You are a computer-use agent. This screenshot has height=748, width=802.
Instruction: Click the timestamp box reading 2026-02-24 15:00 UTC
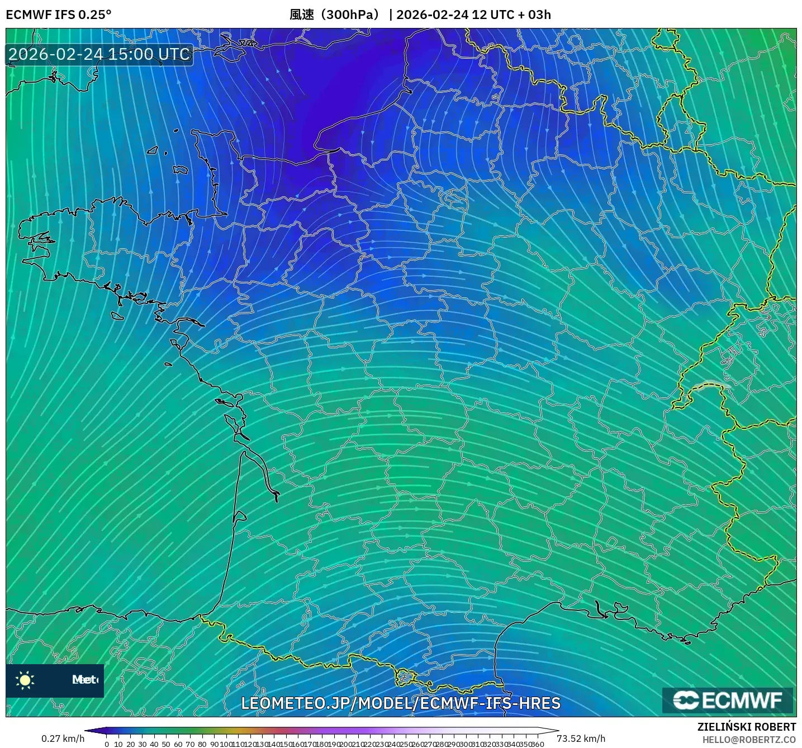pyautogui.click(x=99, y=54)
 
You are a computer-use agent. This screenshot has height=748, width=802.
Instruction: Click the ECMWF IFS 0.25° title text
pyautogui.click(x=59, y=15)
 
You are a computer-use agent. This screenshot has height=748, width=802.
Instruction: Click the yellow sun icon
pyautogui.click(x=25, y=680)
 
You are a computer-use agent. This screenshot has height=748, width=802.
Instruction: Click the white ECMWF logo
pyautogui.click(x=728, y=700)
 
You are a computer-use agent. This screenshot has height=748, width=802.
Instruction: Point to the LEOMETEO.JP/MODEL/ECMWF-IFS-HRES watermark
pyautogui.click(x=401, y=703)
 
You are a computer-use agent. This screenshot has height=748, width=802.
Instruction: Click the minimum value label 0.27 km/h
pyautogui.click(x=63, y=738)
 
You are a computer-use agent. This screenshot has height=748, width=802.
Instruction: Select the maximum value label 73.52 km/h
pyautogui.click(x=581, y=738)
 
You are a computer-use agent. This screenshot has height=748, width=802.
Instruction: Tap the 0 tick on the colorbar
pyautogui.click(x=107, y=744)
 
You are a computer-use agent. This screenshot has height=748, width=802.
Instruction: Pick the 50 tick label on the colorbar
pyautogui.click(x=166, y=744)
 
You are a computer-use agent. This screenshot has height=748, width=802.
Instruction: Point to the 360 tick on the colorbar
pyautogui.click(x=537, y=744)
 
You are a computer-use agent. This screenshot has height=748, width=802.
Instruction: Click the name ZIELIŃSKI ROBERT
pyautogui.click(x=747, y=727)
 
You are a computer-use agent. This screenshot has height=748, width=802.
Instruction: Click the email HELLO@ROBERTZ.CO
pyautogui.click(x=749, y=740)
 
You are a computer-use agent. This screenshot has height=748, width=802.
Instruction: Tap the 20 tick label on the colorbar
pyautogui.click(x=130, y=744)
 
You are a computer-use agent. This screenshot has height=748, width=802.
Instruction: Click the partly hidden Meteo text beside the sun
pyautogui.click(x=85, y=680)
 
